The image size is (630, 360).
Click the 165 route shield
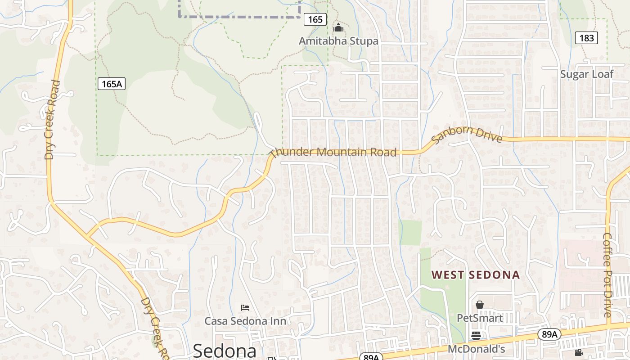pyautogui.click(x=315, y=19)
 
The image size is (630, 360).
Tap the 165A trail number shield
pyautogui.click(x=111, y=84)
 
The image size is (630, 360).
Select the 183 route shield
pyautogui.click(x=586, y=38)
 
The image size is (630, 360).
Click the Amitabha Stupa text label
pyautogui.click(x=338, y=41)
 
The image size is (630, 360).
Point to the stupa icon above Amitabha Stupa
pyautogui.click(x=338, y=28)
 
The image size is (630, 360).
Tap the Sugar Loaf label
pyautogui.click(x=586, y=74)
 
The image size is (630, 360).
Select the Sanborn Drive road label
pyautogui.click(x=467, y=134)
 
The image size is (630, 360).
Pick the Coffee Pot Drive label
pyautogui.click(x=607, y=275)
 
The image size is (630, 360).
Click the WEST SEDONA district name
pyautogui.click(x=476, y=275)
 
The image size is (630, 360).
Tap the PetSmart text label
pyautogui.click(x=480, y=318)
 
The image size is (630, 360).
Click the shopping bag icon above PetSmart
pyautogui.click(x=480, y=305)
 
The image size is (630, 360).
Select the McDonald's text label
pyautogui.click(x=476, y=349)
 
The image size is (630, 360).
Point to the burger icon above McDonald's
pyautogui.click(x=476, y=335)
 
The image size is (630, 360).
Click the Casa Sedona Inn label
pyautogui.click(x=245, y=321)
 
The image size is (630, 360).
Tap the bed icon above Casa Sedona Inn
pyautogui.click(x=245, y=308)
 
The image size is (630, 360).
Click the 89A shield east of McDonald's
pyautogui.click(x=549, y=334)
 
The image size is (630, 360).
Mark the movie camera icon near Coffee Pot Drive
pyautogui.click(x=579, y=353)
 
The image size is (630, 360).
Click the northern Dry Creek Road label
pyautogui.click(x=52, y=120)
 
